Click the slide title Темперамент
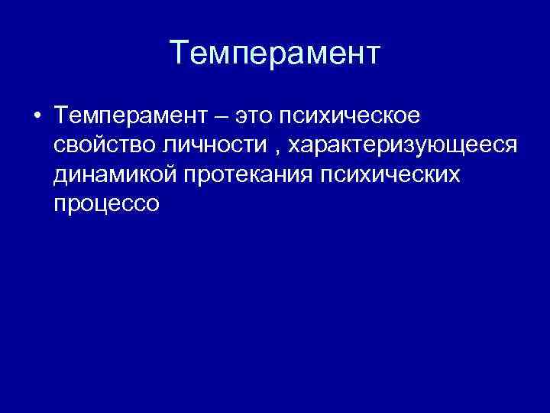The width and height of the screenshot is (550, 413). [x=275, y=54]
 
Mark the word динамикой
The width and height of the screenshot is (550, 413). [x=115, y=174]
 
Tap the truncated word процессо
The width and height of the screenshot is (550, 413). [x=106, y=204]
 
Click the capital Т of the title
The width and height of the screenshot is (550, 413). [x=177, y=53]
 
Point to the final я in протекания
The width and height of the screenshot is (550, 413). [x=306, y=175]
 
